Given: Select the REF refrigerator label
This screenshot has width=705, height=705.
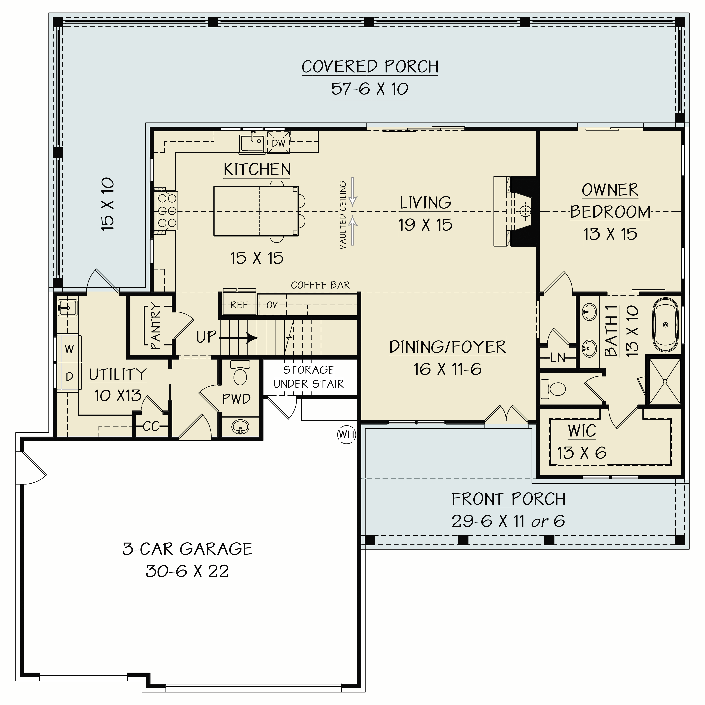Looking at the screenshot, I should click(239, 305).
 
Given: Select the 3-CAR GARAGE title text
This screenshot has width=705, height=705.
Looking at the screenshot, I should click(187, 549).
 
